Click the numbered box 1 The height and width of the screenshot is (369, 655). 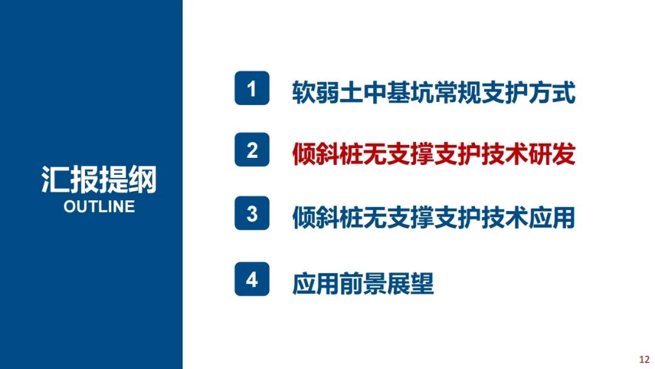click(252, 89)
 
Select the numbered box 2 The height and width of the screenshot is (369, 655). click(252, 150)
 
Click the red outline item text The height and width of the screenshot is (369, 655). click(433, 154)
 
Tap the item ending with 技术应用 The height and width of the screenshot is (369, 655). click(433, 218)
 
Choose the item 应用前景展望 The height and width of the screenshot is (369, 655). click(363, 283)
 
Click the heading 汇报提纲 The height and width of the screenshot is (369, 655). click(99, 180)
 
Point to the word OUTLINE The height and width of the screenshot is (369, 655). click(99, 206)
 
